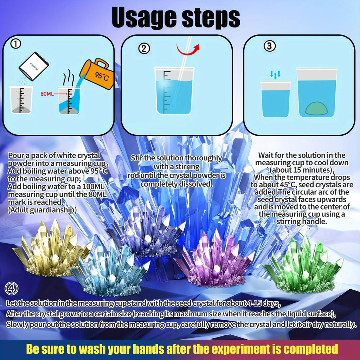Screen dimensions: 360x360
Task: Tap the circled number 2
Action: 144,49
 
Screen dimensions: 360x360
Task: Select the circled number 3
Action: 269,46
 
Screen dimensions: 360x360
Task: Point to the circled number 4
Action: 11,289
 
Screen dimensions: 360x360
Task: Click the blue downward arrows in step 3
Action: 275,75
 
